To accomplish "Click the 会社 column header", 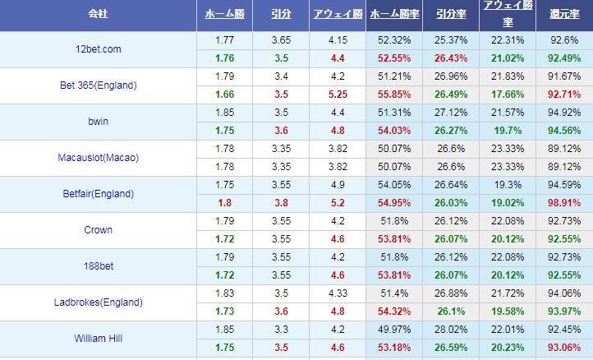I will tap(98, 15).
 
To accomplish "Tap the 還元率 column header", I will tap(564, 15).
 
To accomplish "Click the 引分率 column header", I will tap(449, 15).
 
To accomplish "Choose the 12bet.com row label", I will tap(98, 49).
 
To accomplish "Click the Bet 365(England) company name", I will tap(98, 85).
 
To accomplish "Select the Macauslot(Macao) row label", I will tap(98, 158).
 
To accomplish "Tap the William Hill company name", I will tap(98, 339).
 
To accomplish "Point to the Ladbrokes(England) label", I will tap(98, 302).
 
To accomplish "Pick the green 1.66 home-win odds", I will tap(223, 95).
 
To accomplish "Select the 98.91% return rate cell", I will tap(564, 203).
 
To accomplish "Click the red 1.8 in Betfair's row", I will tap(223, 203).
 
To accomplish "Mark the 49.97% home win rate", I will tap(392, 330).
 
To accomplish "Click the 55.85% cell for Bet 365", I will tap(392, 95).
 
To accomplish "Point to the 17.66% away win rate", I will tap(506, 95).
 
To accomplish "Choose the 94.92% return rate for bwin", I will tap(564, 113).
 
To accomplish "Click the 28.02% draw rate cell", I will tap(449, 330).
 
